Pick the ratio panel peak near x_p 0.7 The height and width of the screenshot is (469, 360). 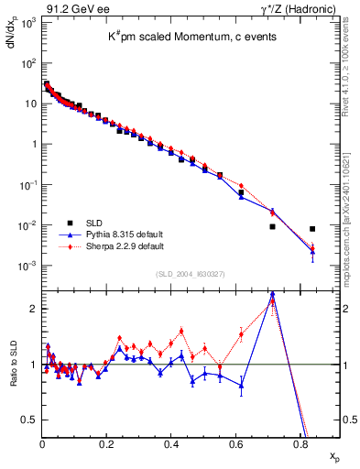coord(272,295)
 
